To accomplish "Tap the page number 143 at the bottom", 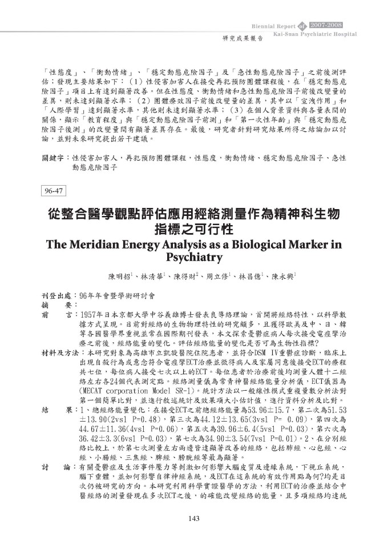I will tap(193, 519).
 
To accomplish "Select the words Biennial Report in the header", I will tap(274, 27).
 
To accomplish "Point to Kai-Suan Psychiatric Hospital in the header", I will tap(315, 34).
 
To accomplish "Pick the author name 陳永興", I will tap(283, 276).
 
